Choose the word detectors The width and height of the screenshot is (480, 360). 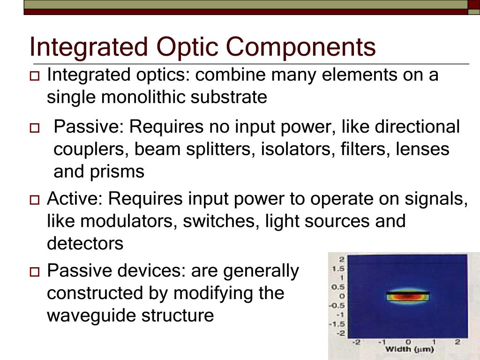tap(85, 243)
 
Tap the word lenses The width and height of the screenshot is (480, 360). tap(422, 150)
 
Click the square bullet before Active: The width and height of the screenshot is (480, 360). tap(35, 200)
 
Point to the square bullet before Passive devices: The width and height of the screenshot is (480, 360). tap(35, 271)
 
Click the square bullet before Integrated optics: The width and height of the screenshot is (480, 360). tap(35, 76)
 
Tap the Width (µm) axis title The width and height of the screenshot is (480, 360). tap(409, 349)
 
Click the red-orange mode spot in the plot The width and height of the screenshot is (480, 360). tap(408, 296)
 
